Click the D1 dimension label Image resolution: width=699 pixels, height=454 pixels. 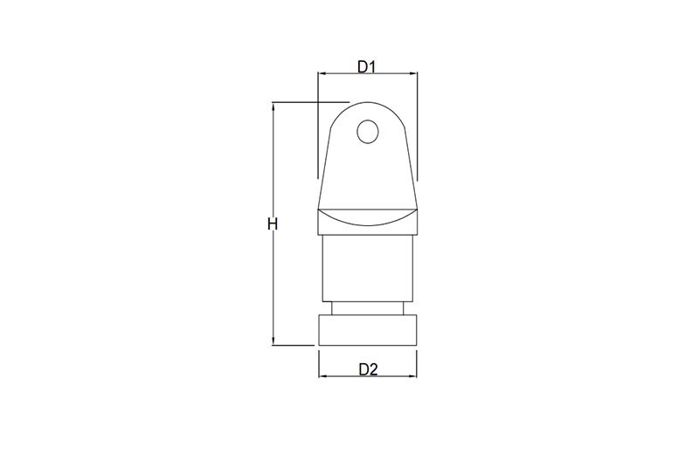tap(367, 67)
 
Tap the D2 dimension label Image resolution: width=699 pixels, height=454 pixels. tap(368, 369)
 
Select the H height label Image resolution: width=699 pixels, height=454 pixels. tap(273, 224)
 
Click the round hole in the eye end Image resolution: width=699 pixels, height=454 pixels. tap(368, 132)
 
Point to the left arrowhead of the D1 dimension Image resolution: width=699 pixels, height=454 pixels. tap(322, 73)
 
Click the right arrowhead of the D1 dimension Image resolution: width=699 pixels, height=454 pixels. tap(412, 73)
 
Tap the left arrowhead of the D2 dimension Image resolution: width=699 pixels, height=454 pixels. tap(323, 376)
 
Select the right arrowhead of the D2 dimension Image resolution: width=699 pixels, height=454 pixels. tap(412, 376)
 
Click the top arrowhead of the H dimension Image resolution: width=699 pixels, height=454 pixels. tap(273, 107)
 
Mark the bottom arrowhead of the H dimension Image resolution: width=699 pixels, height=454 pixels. tap(273, 340)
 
